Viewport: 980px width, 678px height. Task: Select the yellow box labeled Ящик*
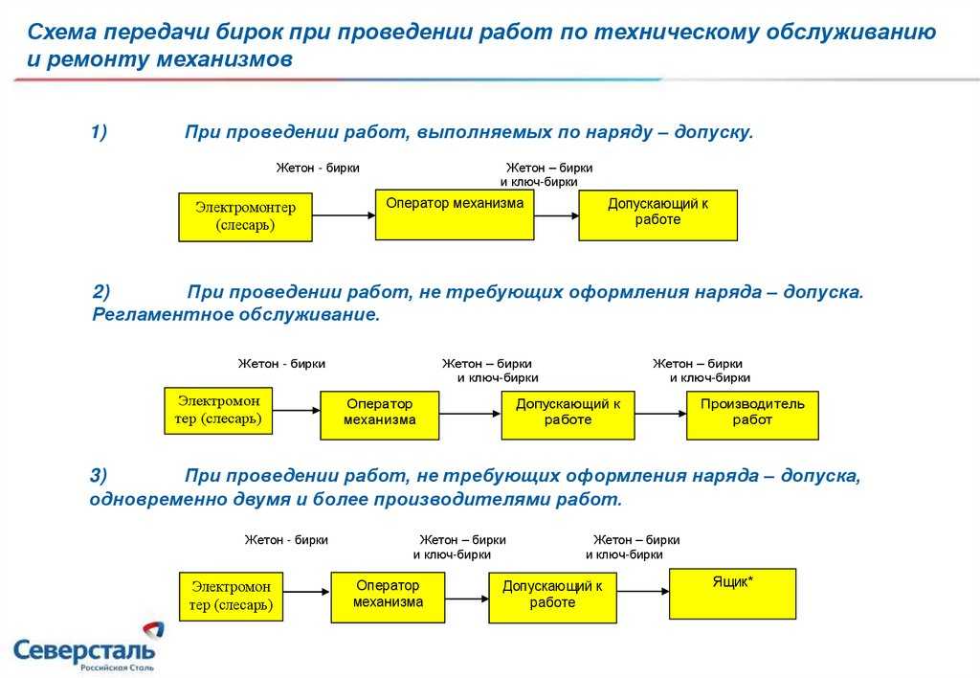coord(732,594)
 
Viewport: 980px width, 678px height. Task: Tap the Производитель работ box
coord(752,415)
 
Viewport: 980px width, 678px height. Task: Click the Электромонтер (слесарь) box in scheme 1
coord(245,216)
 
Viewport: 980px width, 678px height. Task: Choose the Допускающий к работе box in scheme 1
coord(657,215)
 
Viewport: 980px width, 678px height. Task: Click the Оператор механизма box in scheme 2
coord(379,415)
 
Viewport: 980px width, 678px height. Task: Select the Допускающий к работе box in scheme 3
coord(552,599)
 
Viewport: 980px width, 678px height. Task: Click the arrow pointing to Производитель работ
coord(660,414)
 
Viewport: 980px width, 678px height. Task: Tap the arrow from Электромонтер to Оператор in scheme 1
coord(343,215)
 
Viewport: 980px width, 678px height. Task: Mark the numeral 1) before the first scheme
coord(99,132)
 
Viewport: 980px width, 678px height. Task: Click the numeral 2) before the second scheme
coord(101,291)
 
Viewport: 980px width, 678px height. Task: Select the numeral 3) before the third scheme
coord(100,475)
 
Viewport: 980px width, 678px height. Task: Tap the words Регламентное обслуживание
coord(236,314)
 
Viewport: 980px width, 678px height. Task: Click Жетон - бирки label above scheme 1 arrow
coord(318,168)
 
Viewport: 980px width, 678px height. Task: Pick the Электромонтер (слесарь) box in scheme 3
coord(231,596)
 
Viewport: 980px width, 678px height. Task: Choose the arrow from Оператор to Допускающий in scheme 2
coord(470,414)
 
